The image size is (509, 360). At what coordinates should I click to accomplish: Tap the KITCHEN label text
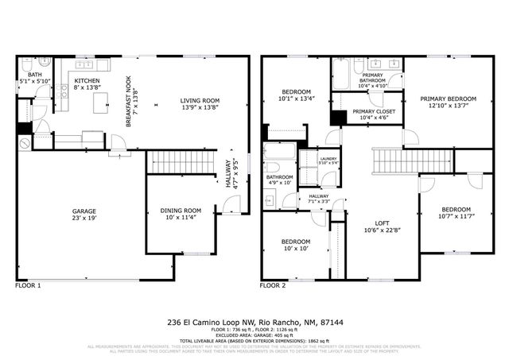click(x=87, y=81)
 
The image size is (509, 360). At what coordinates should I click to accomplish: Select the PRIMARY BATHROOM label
click(x=371, y=78)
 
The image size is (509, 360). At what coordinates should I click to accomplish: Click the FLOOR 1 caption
click(x=28, y=285)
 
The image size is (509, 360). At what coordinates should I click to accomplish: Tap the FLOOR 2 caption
click(x=274, y=285)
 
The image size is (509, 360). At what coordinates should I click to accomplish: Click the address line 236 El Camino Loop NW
click(x=254, y=323)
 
